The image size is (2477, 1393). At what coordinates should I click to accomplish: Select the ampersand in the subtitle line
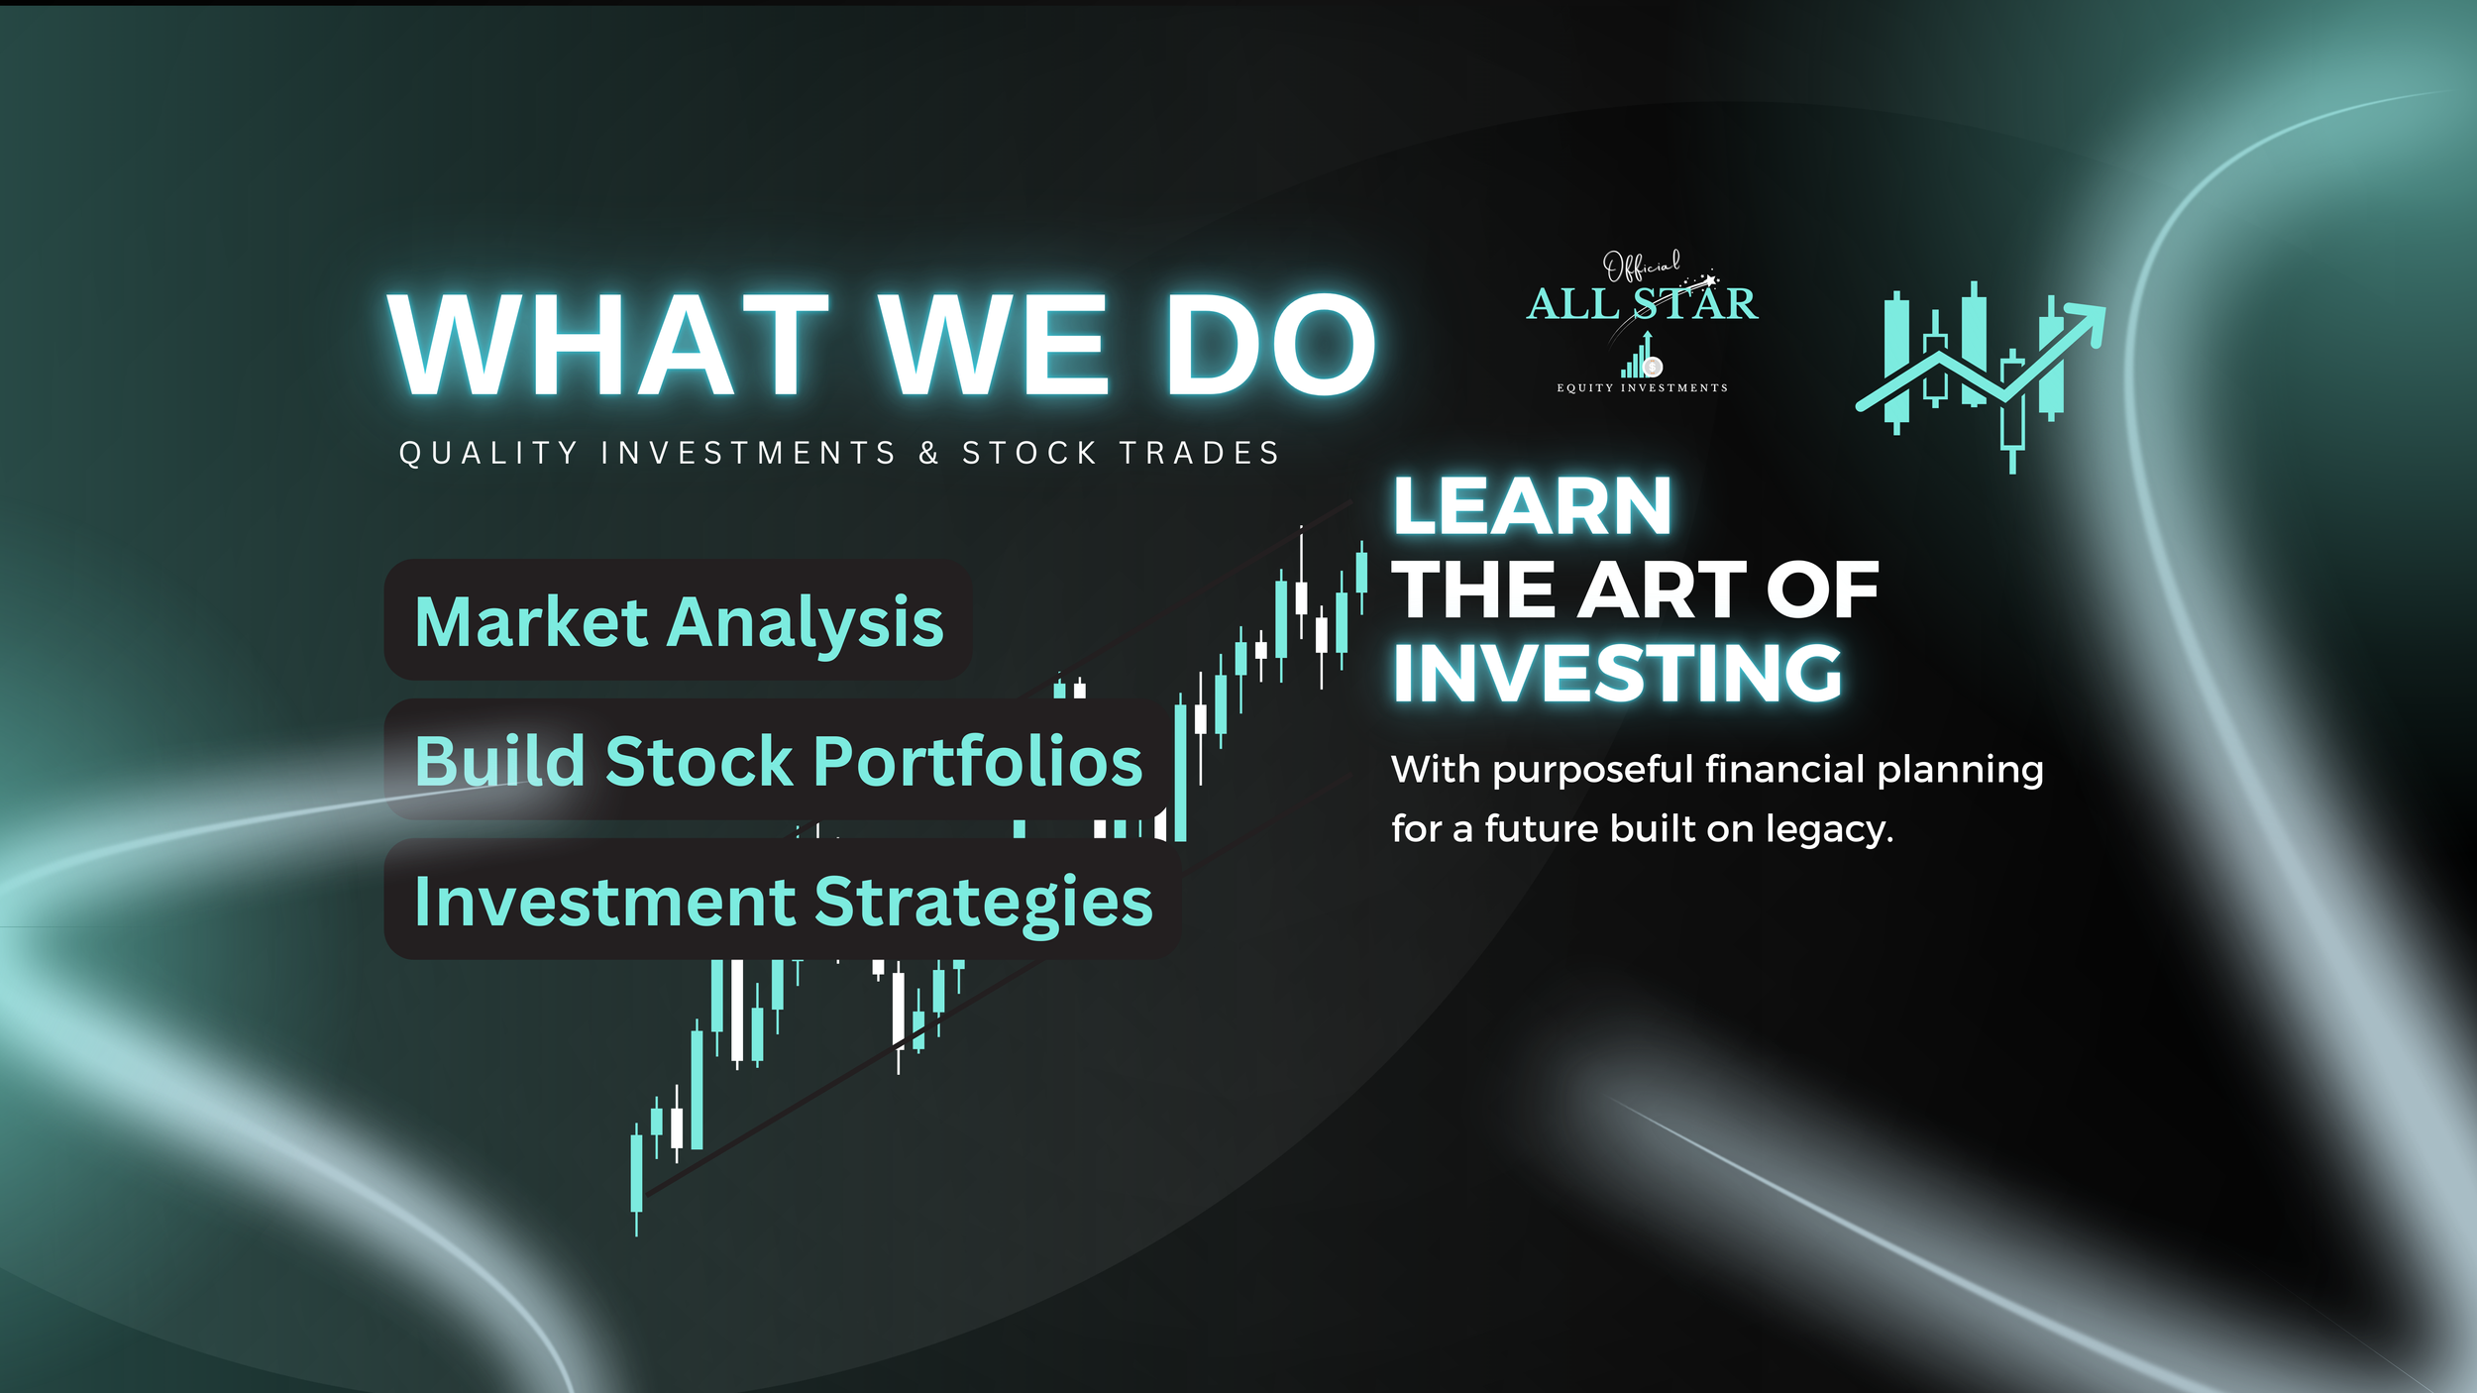pos(928,453)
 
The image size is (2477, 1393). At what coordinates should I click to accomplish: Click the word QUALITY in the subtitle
pos(488,453)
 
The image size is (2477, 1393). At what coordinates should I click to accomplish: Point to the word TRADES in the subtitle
pos(1200,453)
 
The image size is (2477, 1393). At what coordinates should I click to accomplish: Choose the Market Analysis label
pos(679,622)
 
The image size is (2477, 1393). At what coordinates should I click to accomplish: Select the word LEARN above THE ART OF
pos(1532,507)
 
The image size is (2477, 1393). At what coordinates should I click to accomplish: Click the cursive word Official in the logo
pos(1641,266)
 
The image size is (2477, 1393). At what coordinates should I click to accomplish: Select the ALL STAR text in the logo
pos(1642,304)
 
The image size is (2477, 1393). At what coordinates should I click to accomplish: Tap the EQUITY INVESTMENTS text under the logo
pos(1642,387)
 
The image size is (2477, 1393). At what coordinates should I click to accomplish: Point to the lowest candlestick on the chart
pos(636,1173)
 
